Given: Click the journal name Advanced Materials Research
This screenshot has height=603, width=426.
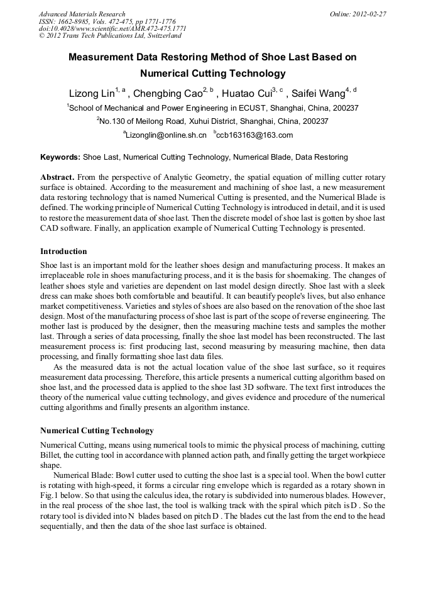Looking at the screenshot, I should click(x=82, y=14).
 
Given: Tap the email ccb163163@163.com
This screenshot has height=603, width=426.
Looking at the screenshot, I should click(x=255, y=135).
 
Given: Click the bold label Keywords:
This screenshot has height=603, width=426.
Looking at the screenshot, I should click(x=60, y=157).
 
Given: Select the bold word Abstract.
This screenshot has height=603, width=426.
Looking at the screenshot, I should click(x=58, y=178).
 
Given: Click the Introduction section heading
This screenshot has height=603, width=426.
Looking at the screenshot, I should click(x=63, y=252).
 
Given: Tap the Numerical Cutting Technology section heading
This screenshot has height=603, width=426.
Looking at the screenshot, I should click(x=97, y=431).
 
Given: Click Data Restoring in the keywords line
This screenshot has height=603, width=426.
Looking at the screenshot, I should click(x=322, y=157).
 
